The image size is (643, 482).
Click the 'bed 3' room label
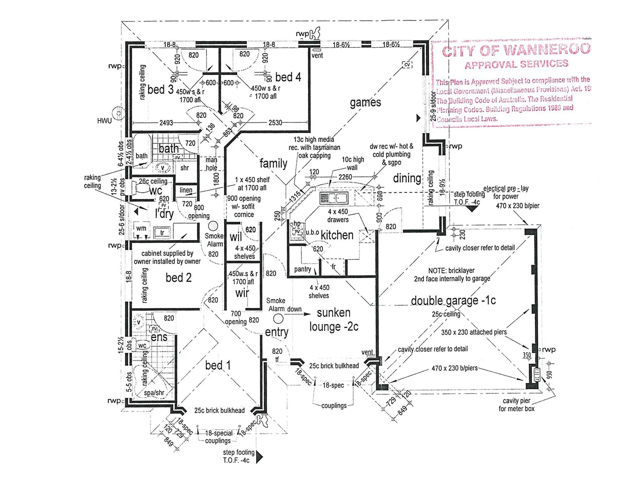160,89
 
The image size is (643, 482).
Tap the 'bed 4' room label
288,77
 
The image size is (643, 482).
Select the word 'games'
365,103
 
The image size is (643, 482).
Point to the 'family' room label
273,163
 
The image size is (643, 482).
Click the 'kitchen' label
337,235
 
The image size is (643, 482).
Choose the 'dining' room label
407,179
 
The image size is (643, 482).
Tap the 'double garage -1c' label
453,300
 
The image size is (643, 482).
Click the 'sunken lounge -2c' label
334,320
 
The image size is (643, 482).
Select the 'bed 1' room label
218,365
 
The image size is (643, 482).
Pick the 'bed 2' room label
178,278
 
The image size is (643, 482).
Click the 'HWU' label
104,120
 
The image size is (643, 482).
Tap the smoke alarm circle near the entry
278,318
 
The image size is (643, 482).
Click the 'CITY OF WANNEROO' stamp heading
516,50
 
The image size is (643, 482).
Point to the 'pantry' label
303,269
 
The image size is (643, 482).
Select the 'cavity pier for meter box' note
516,404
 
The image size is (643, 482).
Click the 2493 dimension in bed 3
166,123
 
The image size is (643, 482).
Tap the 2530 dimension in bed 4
275,123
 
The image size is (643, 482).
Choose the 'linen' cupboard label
186,190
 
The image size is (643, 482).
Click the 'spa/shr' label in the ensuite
154,393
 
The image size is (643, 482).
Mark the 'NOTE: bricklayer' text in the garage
451,270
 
